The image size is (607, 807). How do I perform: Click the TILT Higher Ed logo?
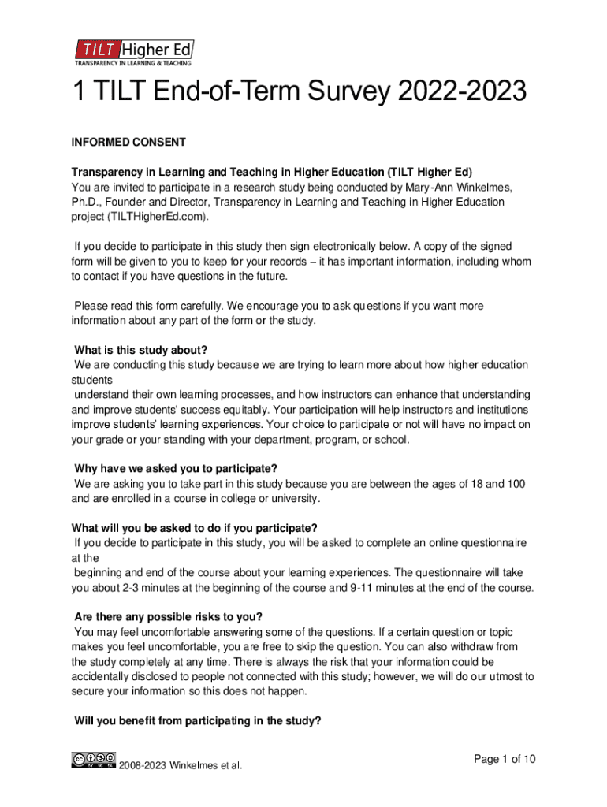[133, 52]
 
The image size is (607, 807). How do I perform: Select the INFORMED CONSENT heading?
[128, 143]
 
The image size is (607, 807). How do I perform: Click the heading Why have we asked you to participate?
[175, 469]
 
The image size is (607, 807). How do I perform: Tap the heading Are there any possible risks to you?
[168, 616]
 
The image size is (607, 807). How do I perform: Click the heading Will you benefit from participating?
[197, 720]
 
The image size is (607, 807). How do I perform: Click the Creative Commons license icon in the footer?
[94, 761]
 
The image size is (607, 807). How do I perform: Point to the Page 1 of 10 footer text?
[505, 759]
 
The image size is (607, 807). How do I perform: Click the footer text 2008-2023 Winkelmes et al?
[181, 764]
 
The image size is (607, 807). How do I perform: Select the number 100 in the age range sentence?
[516, 484]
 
